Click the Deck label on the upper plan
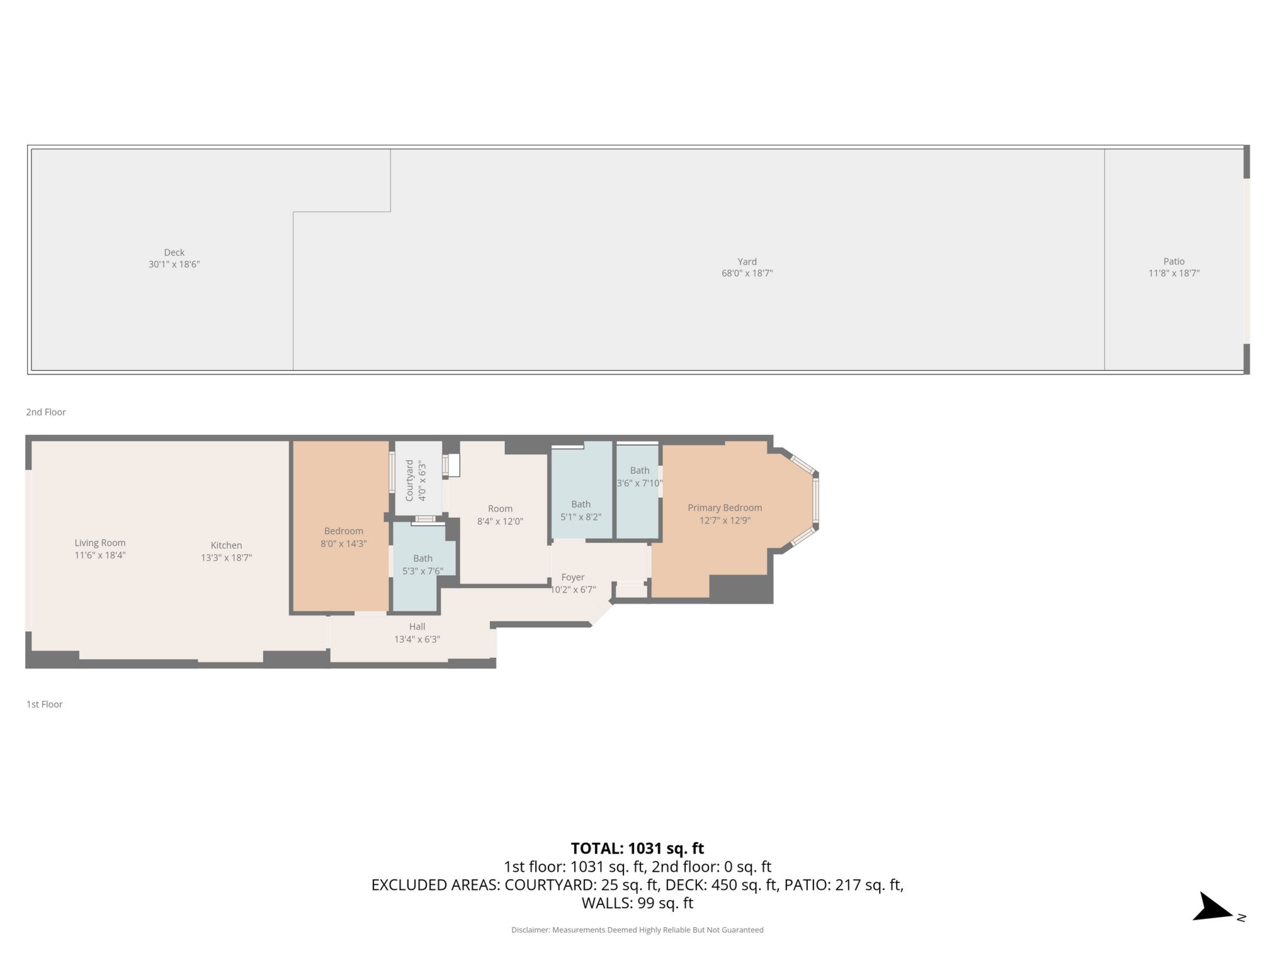click(x=174, y=252)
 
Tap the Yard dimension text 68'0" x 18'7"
click(x=747, y=273)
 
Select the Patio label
click(x=1174, y=261)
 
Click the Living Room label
click(x=100, y=543)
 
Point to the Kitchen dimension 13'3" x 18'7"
click(x=226, y=558)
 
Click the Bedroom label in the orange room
click(x=343, y=531)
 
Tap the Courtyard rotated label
click(x=409, y=480)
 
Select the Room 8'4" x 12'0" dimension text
click(x=500, y=521)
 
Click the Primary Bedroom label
click(x=725, y=508)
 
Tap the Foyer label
click(x=573, y=577)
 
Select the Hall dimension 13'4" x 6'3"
click(x=417, y=639)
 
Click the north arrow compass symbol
click(x=1213, y=909)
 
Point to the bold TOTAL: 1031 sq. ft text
click(x=637, y=848)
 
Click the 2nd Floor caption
click(x=46, y=412)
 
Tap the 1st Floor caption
click(x=45, y=704)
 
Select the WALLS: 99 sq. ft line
click(x=637, y=903)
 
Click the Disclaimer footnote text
click(x=637, y=930)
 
